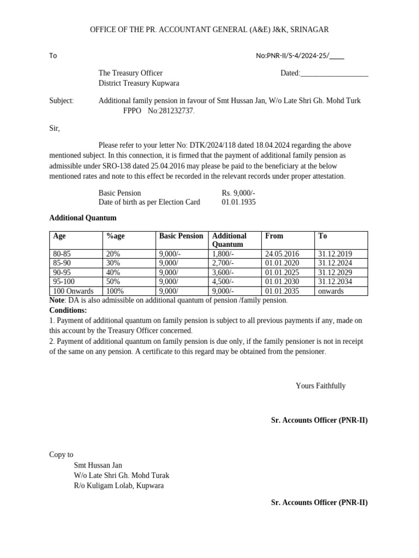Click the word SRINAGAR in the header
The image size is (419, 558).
point(309,29)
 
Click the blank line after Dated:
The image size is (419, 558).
point(334,74)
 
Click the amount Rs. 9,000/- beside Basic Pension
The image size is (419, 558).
point(238,193)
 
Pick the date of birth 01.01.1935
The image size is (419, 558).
point(238,202)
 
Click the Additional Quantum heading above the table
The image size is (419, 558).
point(83,218)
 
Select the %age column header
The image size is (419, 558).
point(115,236)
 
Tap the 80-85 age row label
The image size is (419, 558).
point(62,254)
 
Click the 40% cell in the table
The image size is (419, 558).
point(113,272)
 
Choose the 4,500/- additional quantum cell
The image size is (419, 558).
point(223,282)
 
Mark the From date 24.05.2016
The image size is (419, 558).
point(282,254)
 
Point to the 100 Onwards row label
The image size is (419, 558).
point(73,291)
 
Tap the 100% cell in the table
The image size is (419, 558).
point(115,291)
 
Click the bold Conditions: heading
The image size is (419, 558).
point(68,310)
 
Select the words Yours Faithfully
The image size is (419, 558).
point(320,386)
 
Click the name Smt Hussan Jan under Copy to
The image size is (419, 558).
point(98,465)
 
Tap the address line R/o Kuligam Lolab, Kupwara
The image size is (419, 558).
point(118,486)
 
